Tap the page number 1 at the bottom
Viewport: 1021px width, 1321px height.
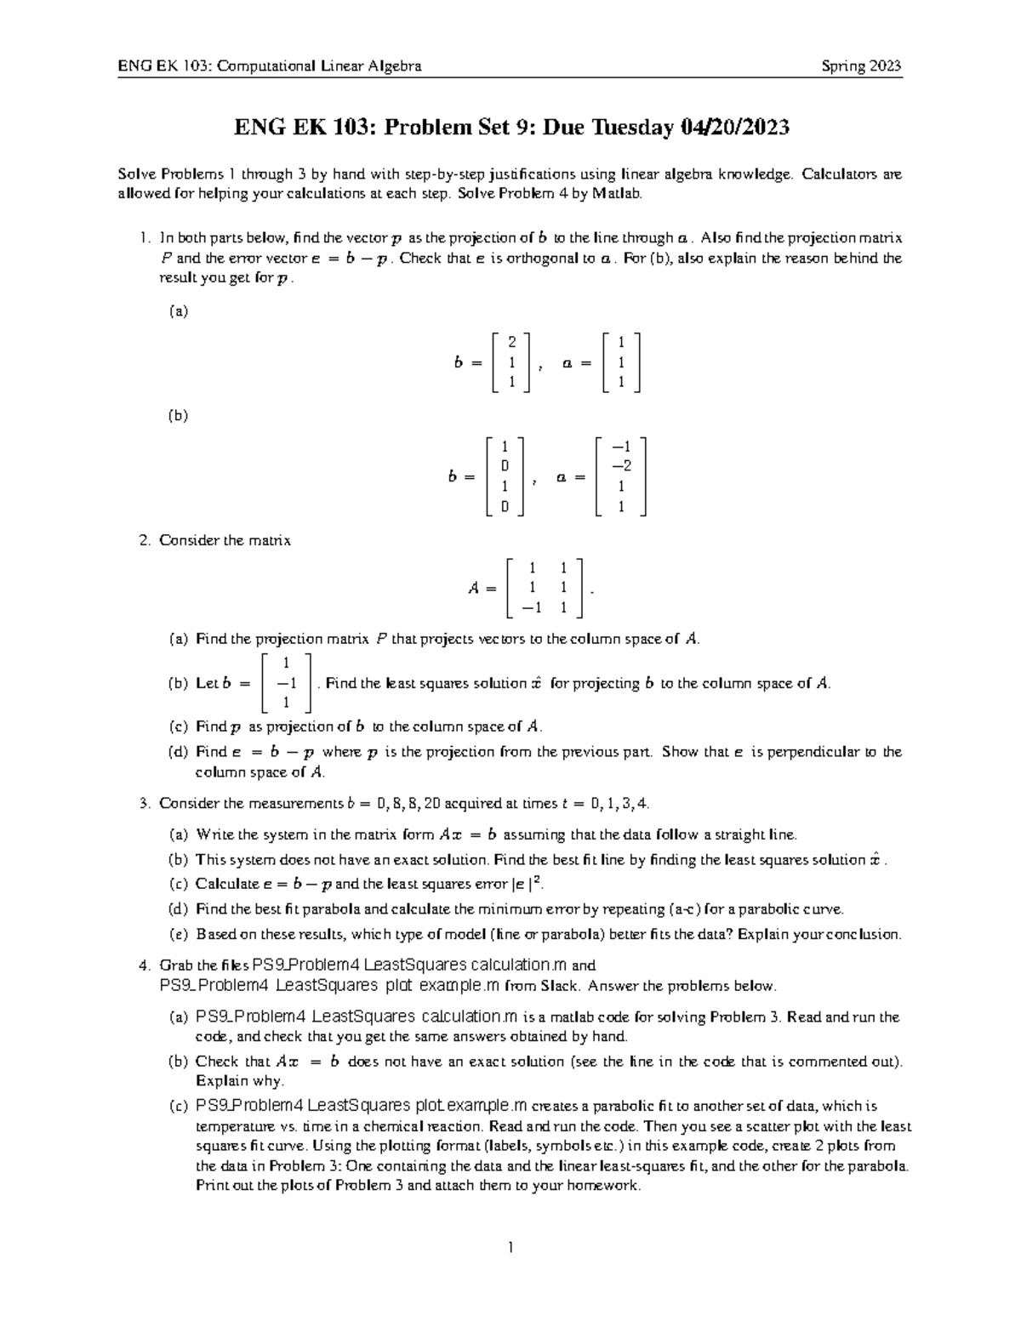[x=510, y=1248]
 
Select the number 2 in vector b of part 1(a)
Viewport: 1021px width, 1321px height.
[x=511, y=342]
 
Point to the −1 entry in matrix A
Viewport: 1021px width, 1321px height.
[x=531, y=607]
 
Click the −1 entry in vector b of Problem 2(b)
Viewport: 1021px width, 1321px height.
[x=286, y=683]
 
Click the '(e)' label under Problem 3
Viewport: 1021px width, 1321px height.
[x=178, y=934]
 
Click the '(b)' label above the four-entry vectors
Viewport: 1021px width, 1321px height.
[x=178, y=416]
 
